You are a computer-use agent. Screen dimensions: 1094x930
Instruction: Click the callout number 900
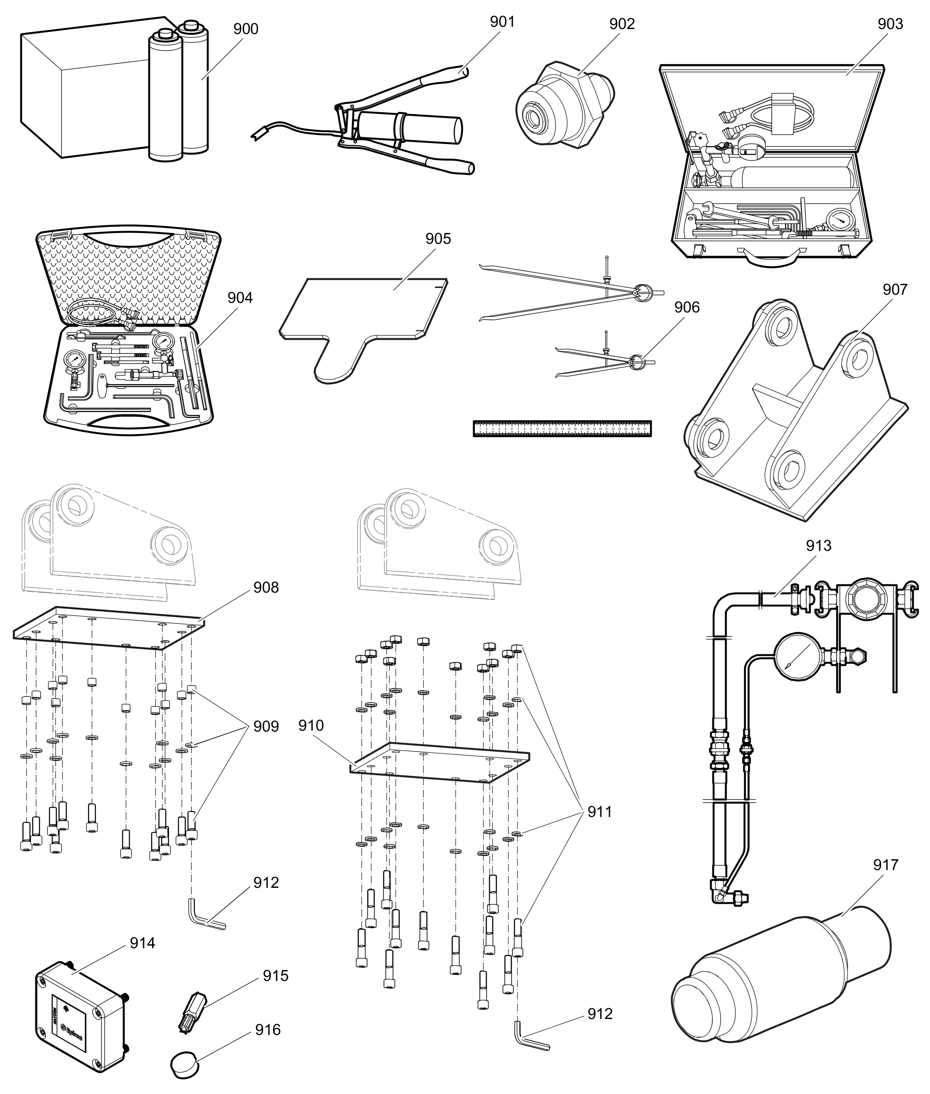point(246,29)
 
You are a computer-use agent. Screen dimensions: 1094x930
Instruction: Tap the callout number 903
point(890,24)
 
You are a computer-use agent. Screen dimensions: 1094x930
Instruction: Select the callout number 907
point(895,289)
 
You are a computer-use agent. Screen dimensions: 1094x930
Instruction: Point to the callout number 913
point(818,546)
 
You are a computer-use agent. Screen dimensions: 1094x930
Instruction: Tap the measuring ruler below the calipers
point(562,428)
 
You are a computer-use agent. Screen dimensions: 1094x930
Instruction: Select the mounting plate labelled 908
point(108,628)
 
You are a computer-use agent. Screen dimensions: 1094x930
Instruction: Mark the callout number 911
point(599,812)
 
